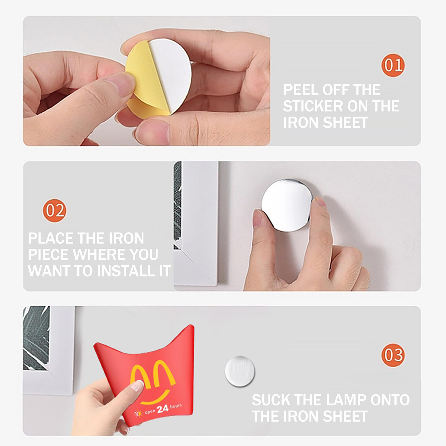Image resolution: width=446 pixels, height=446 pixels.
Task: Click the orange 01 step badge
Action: point(393,65)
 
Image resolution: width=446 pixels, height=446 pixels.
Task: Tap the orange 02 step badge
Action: point(54,210)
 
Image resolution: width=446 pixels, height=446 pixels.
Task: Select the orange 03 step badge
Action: point(393,355)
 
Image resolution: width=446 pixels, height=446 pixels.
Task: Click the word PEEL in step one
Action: point(300,90)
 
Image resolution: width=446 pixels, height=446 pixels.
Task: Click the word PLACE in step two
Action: point(51,238)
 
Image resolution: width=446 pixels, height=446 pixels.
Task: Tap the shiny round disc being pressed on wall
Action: point(287,205)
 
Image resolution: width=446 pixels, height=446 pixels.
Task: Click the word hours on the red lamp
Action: point(176,406)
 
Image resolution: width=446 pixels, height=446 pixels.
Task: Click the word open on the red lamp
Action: point(150,411)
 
